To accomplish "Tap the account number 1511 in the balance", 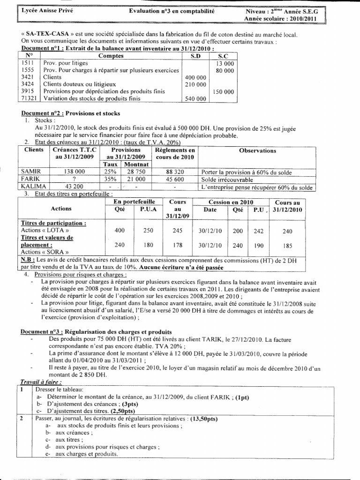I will tap(28, 63).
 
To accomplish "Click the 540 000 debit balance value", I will tap(196, 99).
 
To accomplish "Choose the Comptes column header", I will tap(111, 56).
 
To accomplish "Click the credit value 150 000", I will tap(223, 92).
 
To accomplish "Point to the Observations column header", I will tap(257, 150).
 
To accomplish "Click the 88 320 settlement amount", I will tap(174, 172).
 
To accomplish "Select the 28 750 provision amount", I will tap(135, 172).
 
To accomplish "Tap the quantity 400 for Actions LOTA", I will tap(120, 231).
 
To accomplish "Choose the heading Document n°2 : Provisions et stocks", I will tap(71, 113).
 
